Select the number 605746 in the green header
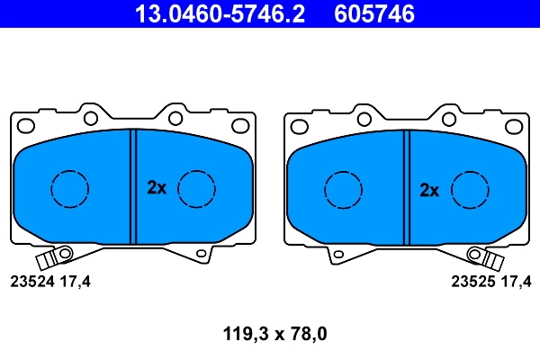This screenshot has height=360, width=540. tap(374, 14)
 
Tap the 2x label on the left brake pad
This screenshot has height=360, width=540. tap(157, 188)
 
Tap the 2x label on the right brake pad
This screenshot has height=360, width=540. tap(429, 189)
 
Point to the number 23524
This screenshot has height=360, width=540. tap(31, 282)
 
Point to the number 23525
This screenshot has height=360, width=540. tap(470, 282)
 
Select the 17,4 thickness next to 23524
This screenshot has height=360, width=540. tap(76, 282)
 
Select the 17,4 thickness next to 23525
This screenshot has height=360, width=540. tap(517, 282)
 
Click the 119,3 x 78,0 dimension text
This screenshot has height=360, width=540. tap(274, 335)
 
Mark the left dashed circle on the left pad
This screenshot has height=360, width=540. tap(69, 188)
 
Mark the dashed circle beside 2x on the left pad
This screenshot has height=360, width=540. tap(196, 188)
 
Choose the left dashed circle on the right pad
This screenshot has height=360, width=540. tap(342, 188)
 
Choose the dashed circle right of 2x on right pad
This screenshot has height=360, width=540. tap(469, 188)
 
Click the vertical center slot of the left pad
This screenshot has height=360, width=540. tap(132, 186)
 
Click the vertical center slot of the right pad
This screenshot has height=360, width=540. tap(405, 186)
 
